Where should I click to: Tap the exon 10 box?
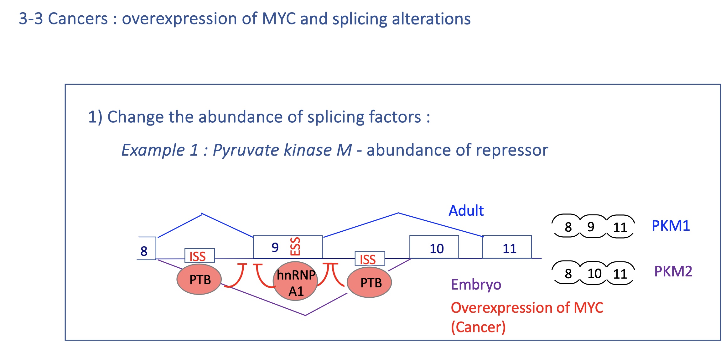(x=434, y=247)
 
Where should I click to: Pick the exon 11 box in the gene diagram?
(x=507, y=247)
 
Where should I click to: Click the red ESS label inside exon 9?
(x=295, y=246)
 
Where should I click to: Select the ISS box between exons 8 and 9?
(x=199, y=256)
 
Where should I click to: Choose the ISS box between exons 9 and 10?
(x=369, y=259)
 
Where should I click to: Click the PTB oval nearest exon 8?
(x=199, y=279)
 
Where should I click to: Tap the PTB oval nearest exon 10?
(x=370, y=282)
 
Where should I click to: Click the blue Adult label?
(x=466, y=211)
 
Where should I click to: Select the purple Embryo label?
(x=476, y=285)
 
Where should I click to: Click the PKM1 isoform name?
(x=671, y=226)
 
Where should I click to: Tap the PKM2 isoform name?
(x=673, y=271)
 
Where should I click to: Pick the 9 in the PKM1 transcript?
(x=591, y=227)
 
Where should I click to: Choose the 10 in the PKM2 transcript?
(x=594, y=274)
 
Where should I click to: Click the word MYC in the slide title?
(x=279, y=18)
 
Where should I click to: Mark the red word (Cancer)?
(x=478, y=327)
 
